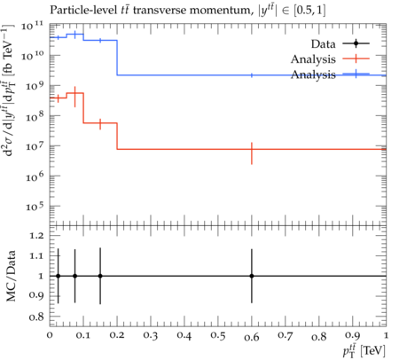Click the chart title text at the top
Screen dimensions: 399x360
click(x=188, y=11)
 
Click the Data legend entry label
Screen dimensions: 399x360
click(x=323, y=44)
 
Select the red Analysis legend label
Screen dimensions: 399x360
click(x=313, y=59)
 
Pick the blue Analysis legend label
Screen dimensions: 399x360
click(x=313, y=74)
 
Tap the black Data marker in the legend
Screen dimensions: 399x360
click(x=356, y=43)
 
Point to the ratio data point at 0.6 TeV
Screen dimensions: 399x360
click(x=252, y=276)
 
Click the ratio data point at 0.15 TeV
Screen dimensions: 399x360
click(x=100, y=276)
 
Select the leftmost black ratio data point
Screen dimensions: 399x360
click(x=59, y=276)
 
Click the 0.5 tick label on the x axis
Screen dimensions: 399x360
click(x=218, y=336)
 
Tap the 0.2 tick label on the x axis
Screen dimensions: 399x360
click(x=117, y=336)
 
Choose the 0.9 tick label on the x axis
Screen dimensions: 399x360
click(x=353, y=336)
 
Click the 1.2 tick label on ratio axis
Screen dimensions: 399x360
click(x=36, y=236)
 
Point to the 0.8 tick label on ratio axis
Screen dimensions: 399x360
click(x=36, y=317)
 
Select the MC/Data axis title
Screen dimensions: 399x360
click(x=11, y=276)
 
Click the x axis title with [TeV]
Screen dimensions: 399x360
click(x=364, y=350)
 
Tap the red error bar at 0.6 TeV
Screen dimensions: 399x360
click(x=252, y=153)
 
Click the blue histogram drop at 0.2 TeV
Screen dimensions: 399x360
click(x=117, y=58)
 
